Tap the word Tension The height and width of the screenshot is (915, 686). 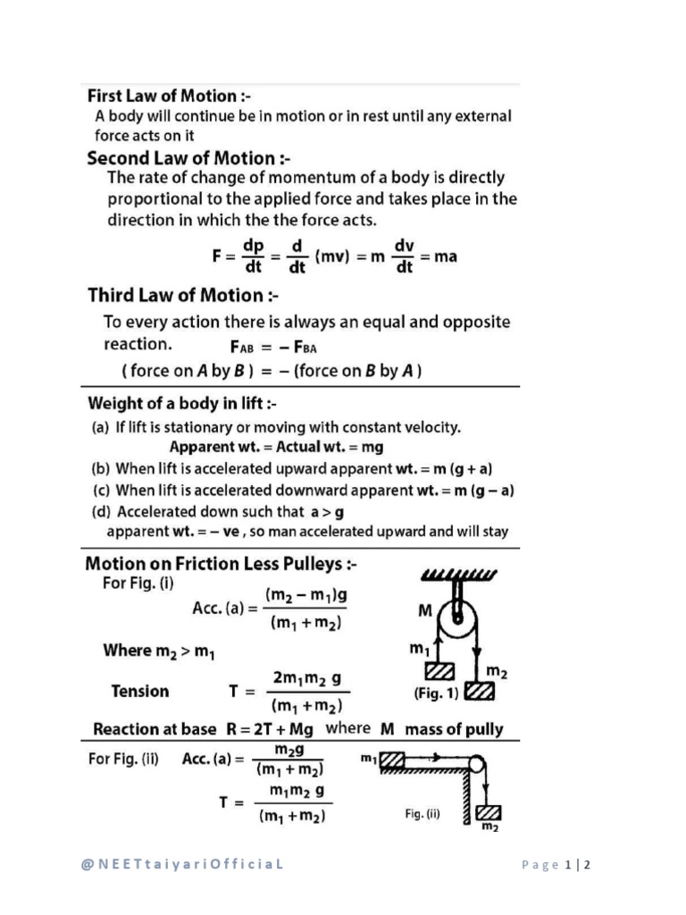tap(139, 691)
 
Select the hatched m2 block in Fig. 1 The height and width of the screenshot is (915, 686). tap(480, 691)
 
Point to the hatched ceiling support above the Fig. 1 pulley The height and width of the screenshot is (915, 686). tap(460, 573)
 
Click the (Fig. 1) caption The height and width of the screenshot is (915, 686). tap(435, 693)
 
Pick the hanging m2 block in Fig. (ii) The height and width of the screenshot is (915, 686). tap(488, 813)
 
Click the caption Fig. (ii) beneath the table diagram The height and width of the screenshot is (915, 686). tap(418, 814)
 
